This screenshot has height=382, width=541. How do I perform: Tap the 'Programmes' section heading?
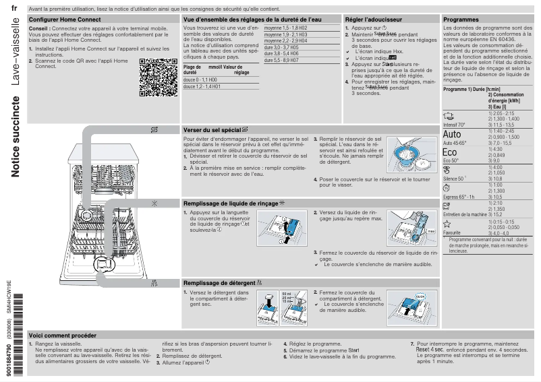(x=461, y=20)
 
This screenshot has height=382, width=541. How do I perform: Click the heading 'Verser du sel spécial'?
(x=212, y=129)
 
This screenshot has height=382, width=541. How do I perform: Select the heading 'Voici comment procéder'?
(x=63, y=335)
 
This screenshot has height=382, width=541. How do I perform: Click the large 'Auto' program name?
(x=452, y=134)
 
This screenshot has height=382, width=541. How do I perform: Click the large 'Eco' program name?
(x=450, y=153)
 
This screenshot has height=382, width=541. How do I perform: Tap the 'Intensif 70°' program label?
(x=454, y=125)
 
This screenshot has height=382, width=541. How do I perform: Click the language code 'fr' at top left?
(x=14, y=9)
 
